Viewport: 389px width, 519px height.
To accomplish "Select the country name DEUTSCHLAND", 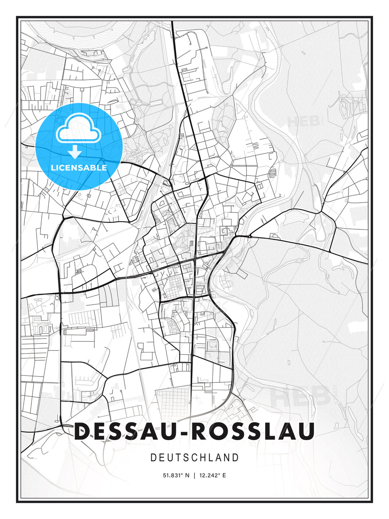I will click(x=194, y=458).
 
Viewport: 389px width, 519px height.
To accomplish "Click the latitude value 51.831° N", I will click(x=176, y=475).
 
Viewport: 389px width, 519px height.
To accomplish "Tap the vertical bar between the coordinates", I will click(x=194, y=475).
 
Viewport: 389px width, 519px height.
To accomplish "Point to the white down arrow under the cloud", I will click(x=75, y=152).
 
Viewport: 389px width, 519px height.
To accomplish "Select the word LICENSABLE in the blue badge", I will click(x=79, y=168).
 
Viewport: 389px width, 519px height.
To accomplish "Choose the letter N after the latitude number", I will click(x=187, y=475).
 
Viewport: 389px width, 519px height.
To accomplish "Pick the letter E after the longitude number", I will click(x=224, y=475).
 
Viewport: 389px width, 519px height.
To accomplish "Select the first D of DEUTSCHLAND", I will click(x=153, y=458).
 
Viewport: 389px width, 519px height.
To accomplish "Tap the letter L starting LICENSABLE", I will click(x=53, y=168).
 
